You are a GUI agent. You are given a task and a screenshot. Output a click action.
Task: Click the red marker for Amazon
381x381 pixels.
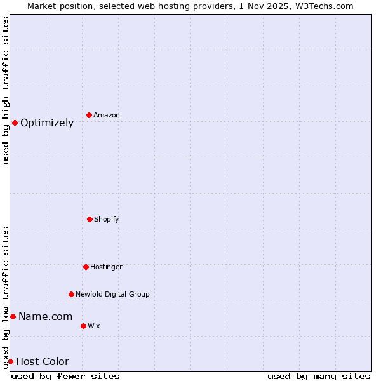[x=89, y=115]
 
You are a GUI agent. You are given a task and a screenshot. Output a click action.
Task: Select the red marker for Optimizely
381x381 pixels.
[x=15, y=123]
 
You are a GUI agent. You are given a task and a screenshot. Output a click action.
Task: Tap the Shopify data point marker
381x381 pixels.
[x=90, y=219]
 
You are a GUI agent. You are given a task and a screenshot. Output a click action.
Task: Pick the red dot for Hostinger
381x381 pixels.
[x=86, y=267]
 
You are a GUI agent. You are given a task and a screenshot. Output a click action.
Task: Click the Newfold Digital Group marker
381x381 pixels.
[x=71, y=294]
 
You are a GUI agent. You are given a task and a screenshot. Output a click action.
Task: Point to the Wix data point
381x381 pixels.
[x=83, y=326]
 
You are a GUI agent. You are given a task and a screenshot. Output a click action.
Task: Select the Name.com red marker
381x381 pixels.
[x=13, y=316]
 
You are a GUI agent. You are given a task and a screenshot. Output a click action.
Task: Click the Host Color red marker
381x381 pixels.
[x=10, y=361]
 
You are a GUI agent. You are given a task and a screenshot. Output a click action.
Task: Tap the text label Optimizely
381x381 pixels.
[x=47, y=123]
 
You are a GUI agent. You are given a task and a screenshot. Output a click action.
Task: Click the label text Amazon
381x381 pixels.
[x=107, y=116]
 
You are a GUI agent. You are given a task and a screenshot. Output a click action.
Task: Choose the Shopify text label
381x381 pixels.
[x=107, y=220]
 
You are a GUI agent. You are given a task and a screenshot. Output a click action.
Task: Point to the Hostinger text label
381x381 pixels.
[x=106, y=267]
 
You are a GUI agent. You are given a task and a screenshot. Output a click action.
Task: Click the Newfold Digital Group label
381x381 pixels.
[x=112, y=295]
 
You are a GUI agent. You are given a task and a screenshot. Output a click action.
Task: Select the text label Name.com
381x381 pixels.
[x=45, y=317]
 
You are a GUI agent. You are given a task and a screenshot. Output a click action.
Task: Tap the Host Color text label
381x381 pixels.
[x=43, y=362]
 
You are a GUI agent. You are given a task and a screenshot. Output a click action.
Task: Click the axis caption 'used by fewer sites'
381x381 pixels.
[x=65, y=376]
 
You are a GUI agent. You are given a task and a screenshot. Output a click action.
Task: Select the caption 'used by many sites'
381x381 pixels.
[x=319, y=376]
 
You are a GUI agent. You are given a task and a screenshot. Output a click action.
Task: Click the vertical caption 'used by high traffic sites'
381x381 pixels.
[x=6, y=90]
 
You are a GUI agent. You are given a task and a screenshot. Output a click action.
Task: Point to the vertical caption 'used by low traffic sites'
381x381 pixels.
[x=6, y=297]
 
